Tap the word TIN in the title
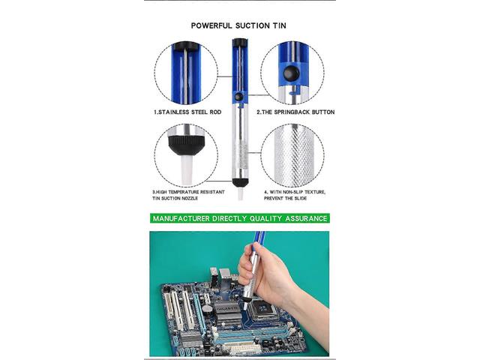pyautogui.click(x=279, y=25)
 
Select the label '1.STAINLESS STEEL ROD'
pyautogui.click(x=187, y=112)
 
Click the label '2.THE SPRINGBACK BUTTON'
pyautogui.click(x=295, y=112)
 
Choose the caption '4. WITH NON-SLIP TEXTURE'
pyautogui.click(x=295, y=192)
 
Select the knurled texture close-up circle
pyautogui.click(x=292, y=155)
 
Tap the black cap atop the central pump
pyautogui.click(x=240, y=42)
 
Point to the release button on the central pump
pyautogui.click(x=240, y=97)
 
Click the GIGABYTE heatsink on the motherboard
pyautogui.click(x=227, y=308)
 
